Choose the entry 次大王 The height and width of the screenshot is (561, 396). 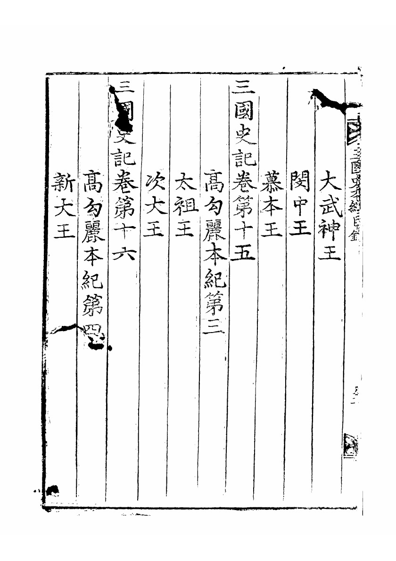coord(155,207)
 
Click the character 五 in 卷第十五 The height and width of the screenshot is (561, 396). coord(244,251)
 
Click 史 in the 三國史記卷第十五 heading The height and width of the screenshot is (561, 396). coord(244,137)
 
